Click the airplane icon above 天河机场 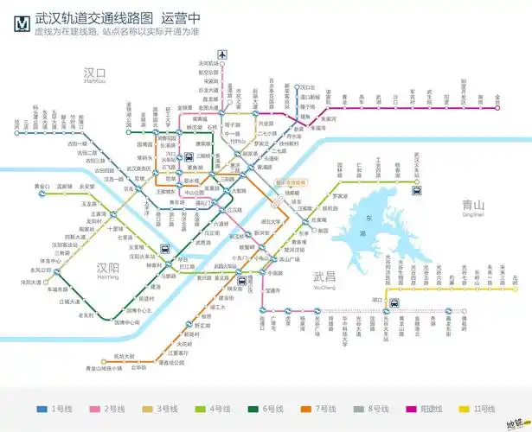(x=223, y=54)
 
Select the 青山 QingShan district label (x=473, y=207)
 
